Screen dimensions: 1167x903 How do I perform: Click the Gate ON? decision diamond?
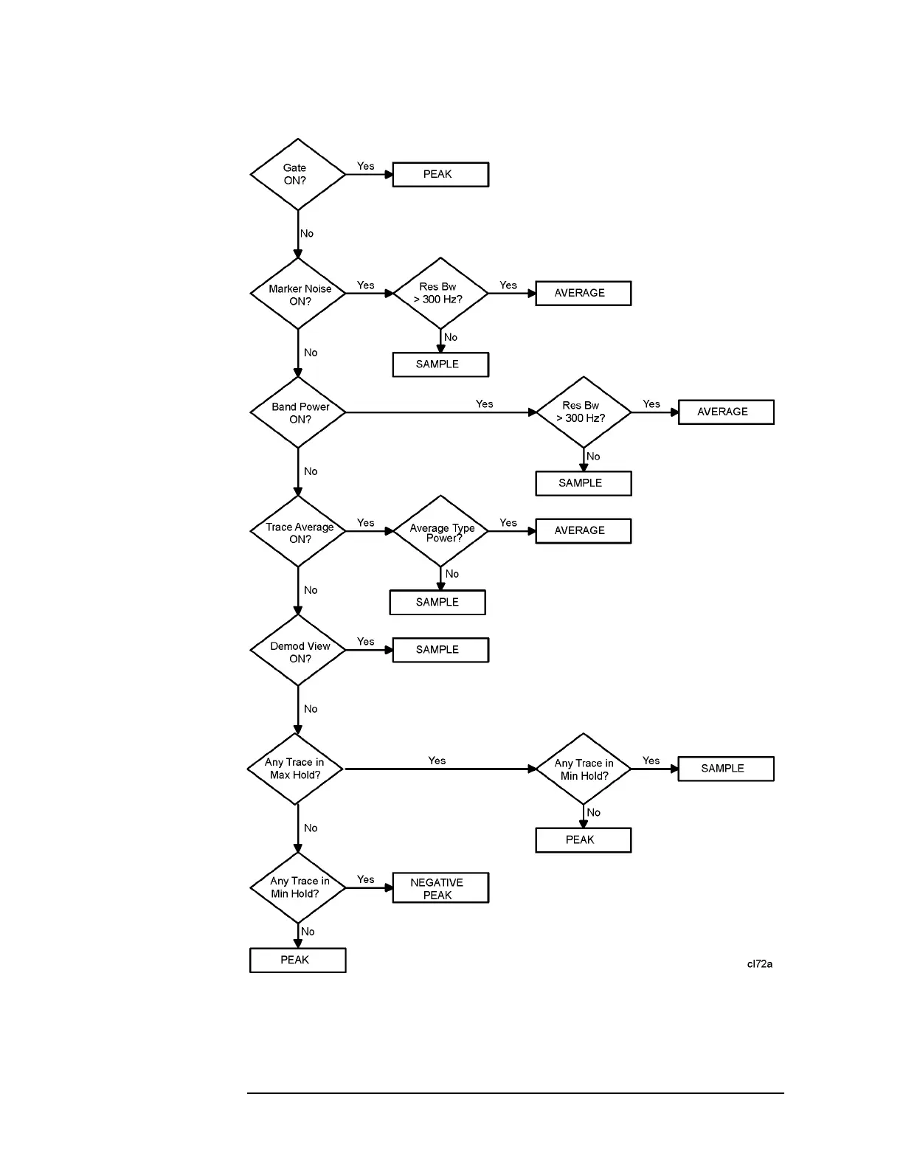[x=297, y=175]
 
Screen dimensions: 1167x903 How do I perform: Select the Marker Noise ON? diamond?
[x=297, y=294]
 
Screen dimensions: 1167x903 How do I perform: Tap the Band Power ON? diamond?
[x=297, y=412]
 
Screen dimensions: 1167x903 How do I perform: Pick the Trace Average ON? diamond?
[x=297, y=531]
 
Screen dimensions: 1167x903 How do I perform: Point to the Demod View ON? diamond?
[x=297, y=650]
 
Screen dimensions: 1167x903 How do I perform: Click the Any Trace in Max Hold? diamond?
[x=295, y=769]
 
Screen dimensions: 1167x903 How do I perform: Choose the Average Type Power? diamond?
[x=440, y=531]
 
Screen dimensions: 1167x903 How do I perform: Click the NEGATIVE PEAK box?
[x=440, y=888]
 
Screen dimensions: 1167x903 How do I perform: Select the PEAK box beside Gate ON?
[x=440, y=175]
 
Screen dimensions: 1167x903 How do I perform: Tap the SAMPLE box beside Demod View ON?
[x=440, y=650]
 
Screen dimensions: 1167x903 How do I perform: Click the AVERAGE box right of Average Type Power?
[x=583, y=531]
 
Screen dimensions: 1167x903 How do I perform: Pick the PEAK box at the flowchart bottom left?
[x=297, y=960]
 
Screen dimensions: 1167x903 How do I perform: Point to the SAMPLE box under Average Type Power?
[x=437, y=602]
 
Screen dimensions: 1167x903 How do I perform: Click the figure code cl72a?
[x=759, y=964]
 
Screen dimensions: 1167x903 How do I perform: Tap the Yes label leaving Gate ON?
[x=366, y=167]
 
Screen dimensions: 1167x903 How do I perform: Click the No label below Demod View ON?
[x=311, y=709]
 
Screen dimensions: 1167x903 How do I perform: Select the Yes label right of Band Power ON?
[x=484, y=404]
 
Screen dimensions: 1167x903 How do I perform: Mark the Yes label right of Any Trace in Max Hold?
[x=437, y=761]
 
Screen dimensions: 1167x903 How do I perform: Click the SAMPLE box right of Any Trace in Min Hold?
[x=726, y=769]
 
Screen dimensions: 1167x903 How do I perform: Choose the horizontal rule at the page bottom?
[x=515, y=1093]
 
